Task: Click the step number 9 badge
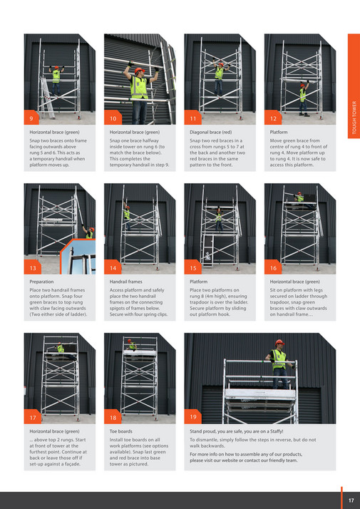point(31,118)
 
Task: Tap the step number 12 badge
point(273,118)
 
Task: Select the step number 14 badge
point(112,268)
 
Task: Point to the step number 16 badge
point(273,268)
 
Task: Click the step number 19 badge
point(193,416)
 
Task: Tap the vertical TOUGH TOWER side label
point(354,118)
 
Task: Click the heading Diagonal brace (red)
point(210,133)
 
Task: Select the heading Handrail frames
point(125,282)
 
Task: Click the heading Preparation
point(41,282)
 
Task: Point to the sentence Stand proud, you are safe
point(236,431)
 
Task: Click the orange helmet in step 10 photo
point(139,70)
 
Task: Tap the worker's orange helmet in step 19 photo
point(279,343)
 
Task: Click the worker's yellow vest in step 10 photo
point(139,87)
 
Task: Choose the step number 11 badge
point(192,118)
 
